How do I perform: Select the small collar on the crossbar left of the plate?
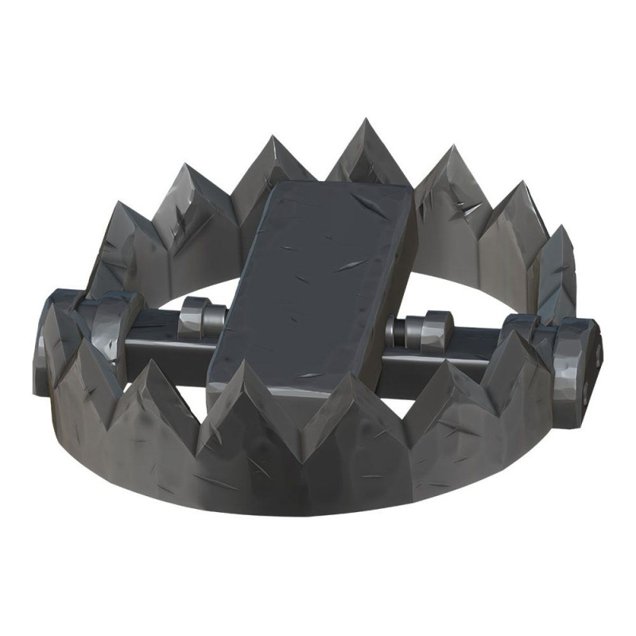(195, 318)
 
